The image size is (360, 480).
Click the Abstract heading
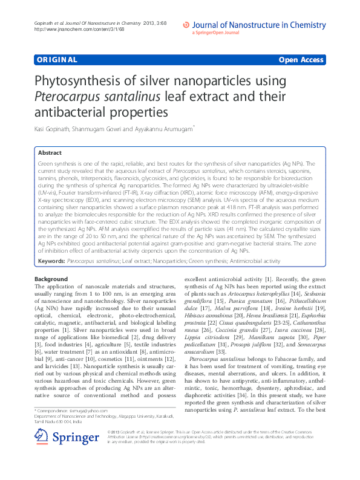click(x=50, y=154)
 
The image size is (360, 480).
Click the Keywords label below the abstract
click(x=51, y=261)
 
